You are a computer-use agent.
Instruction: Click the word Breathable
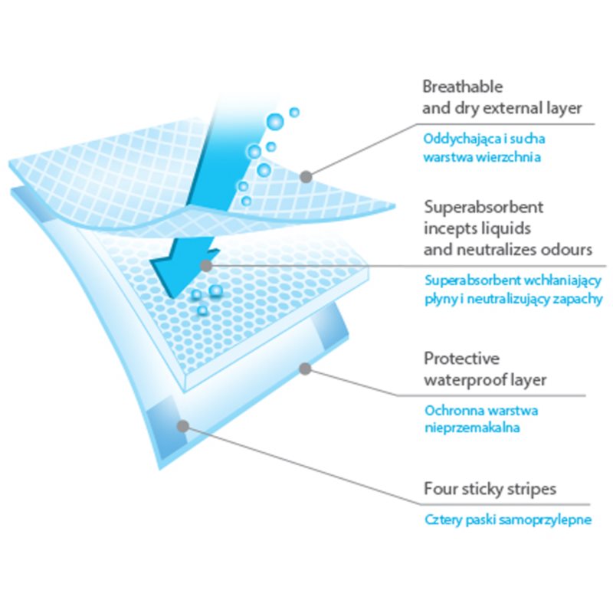(463, 87)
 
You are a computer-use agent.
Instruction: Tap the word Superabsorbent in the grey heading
(484, 207)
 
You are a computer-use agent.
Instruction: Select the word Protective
(462, 359)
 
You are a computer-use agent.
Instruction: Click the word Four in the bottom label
(441, 489)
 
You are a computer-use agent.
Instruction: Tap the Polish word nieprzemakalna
(472, 428)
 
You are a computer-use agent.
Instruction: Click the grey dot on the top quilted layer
(306, 177)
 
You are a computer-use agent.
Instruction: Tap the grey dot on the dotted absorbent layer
(206, 266)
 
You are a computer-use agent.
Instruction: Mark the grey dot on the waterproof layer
(305, 369)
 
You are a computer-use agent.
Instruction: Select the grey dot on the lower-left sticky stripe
(182, 426)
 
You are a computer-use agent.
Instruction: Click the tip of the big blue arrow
(172, 298)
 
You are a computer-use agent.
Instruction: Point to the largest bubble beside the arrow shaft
(275, 122)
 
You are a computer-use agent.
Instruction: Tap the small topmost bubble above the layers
(294, 113)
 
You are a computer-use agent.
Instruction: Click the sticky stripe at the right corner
(330, 326)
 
